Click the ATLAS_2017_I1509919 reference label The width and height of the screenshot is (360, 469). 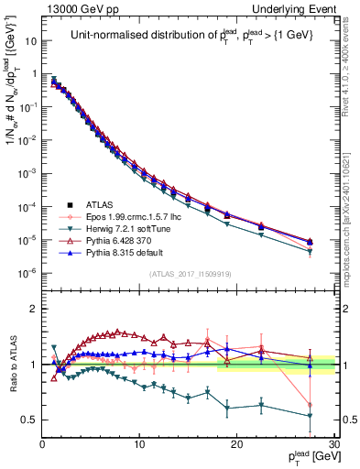[190, 273]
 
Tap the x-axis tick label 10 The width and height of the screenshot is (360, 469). [139, 443]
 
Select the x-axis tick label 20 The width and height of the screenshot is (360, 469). [236, 443]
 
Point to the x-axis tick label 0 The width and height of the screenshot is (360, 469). [43, 443]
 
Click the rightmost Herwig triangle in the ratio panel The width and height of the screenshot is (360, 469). [310, 416]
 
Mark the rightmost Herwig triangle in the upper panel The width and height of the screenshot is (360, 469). [310, 252]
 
